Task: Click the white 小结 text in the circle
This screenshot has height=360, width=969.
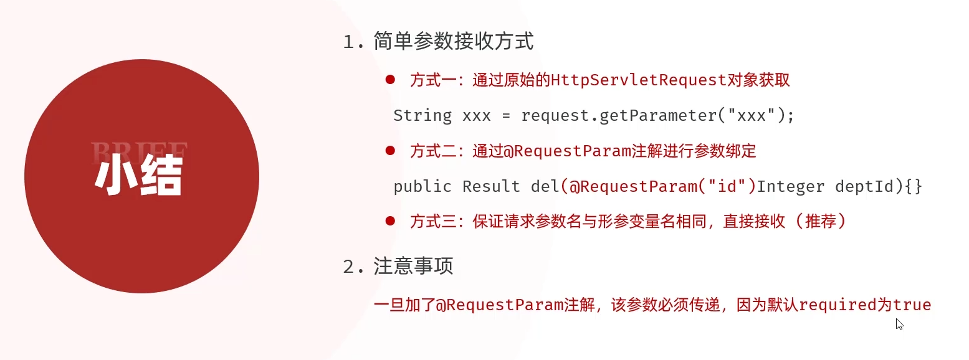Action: click(x=138, y=176)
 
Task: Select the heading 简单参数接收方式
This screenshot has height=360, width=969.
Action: click(x=454, y=42)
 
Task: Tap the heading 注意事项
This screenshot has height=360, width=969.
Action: click(x=413, y=267)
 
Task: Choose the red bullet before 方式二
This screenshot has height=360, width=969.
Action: click(x=391, y=150)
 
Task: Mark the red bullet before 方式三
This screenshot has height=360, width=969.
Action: click(x=391, y=220)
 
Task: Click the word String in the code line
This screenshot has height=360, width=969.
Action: click(x=422, y=116)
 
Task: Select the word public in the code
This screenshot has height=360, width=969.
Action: click(x=422, y=186)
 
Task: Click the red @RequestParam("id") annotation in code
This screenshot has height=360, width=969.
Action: click(x=658, y=186)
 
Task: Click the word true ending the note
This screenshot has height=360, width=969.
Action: click(x=912, y=305)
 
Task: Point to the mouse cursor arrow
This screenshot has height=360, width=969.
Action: click(x=899, y=324)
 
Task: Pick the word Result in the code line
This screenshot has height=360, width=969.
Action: click(x=490, y=186)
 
